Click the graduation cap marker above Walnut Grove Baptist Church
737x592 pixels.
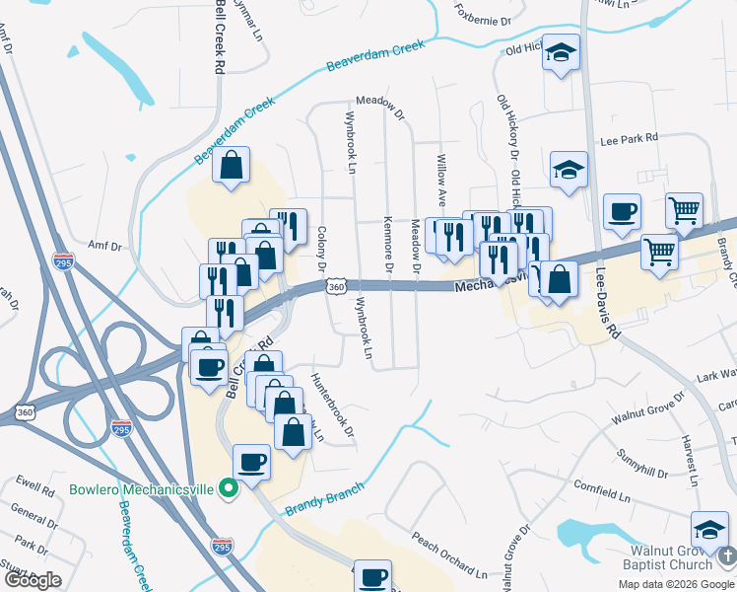[x=709, y=530]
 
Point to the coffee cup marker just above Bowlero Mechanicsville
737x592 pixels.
[x=251, y=462]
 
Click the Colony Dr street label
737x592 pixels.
[x=322, y=249]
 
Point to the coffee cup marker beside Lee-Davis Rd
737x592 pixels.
[x=622, y=212]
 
